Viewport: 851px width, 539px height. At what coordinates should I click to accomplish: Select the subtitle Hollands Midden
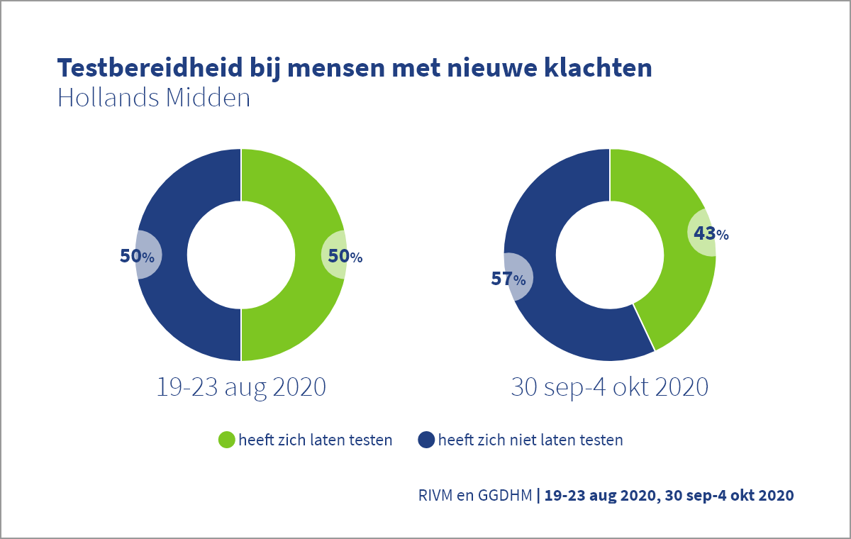point(154,98)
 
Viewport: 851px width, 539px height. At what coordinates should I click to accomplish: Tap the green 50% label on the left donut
point(345,256)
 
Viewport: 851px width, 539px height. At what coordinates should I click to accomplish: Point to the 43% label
point(711,233)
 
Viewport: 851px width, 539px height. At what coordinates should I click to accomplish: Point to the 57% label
point(509,279)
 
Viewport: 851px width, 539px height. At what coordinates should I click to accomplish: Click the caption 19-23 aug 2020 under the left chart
point(241,387)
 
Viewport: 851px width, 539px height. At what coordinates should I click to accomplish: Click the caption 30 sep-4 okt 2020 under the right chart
point(609,387)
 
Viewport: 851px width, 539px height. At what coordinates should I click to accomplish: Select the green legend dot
point(226,440)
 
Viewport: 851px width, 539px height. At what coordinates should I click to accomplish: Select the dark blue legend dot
point(425,440)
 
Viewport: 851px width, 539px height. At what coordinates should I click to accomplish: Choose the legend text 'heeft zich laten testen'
point(316,440)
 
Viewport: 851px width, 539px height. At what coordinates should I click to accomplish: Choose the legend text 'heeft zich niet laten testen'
point(530,440)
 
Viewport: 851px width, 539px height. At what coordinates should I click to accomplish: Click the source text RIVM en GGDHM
point(475,495)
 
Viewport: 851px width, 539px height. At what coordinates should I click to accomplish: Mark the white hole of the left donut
point(241,255)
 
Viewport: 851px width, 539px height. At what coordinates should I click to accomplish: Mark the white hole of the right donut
point(609,255)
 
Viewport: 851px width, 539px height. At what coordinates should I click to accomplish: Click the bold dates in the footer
point(668,495)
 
